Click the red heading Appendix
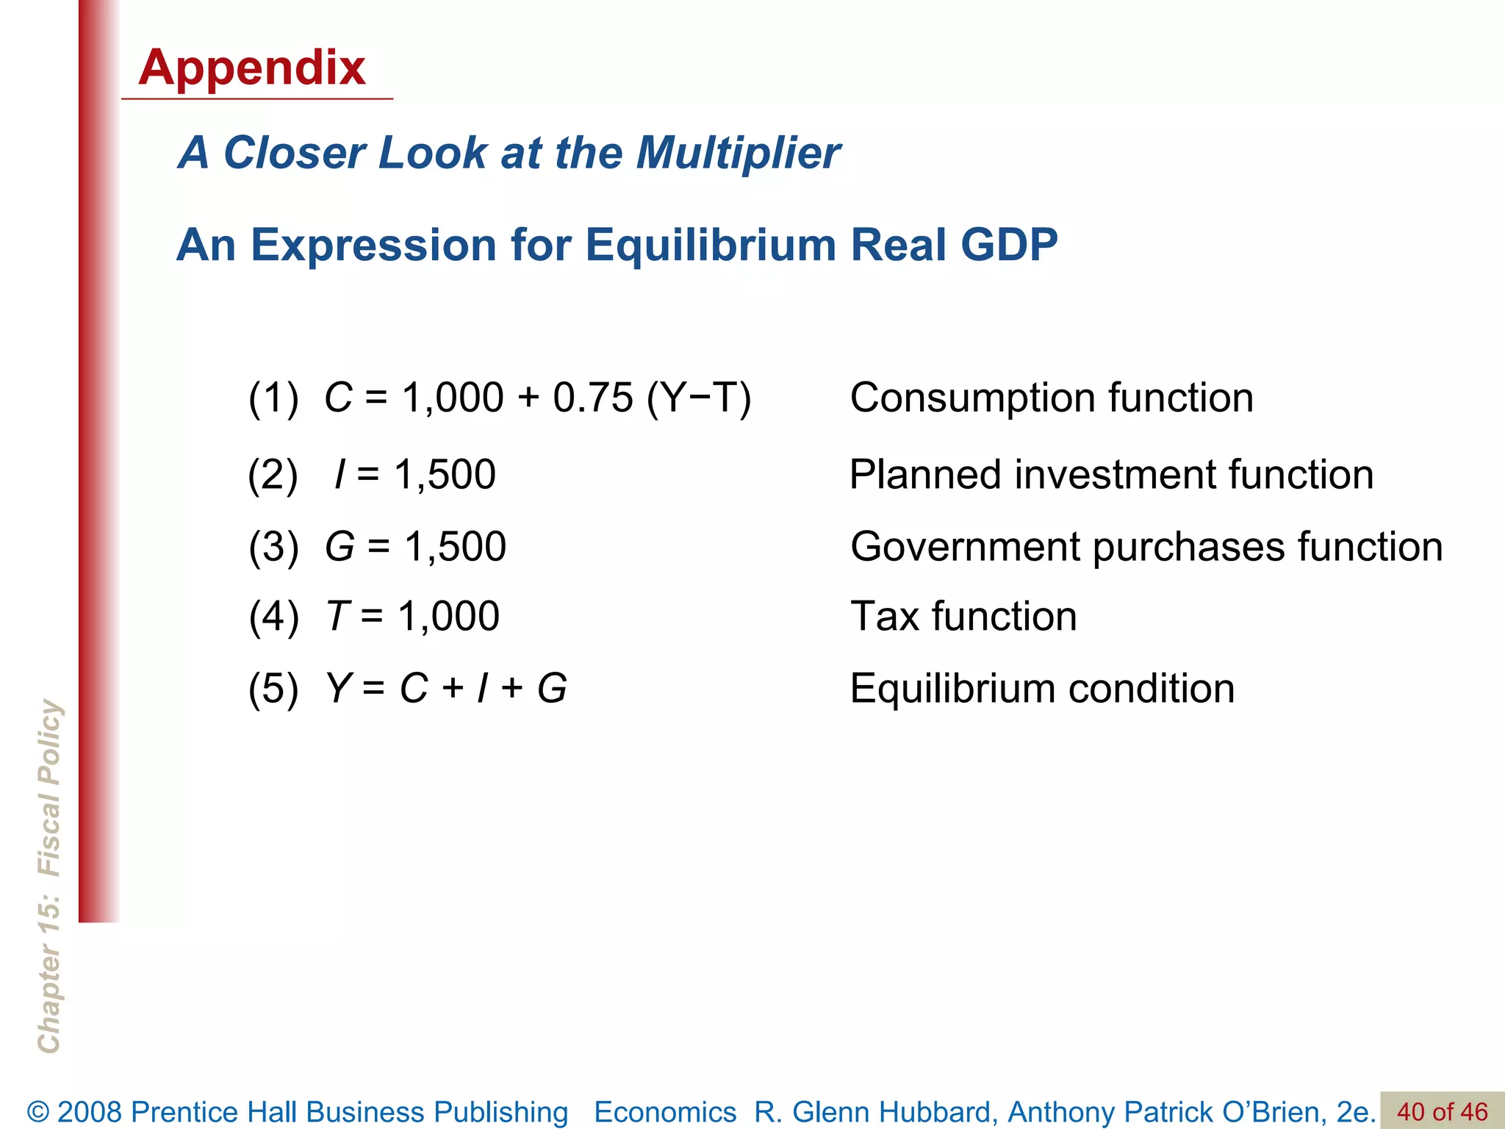[x=251, y=68]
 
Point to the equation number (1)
[x=273, y=398]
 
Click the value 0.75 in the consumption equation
[x=592, y=398]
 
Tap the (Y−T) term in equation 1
[x=699, y=398]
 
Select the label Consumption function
[x=1052, y=398]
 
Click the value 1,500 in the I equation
[x=445, y=474]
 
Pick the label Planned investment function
[x=1111, y=474]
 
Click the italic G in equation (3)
[x=340, y=547]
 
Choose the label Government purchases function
[x=1146, y=547]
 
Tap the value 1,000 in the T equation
[x=448, y=616]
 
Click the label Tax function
[x=963, y=616]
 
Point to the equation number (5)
[x=273, y=689]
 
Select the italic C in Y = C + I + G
[x=413, y=689]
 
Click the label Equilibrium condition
[x=1042, y=689]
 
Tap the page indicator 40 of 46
[x=1442, y=1111]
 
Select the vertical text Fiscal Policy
[x=50, y=787]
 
